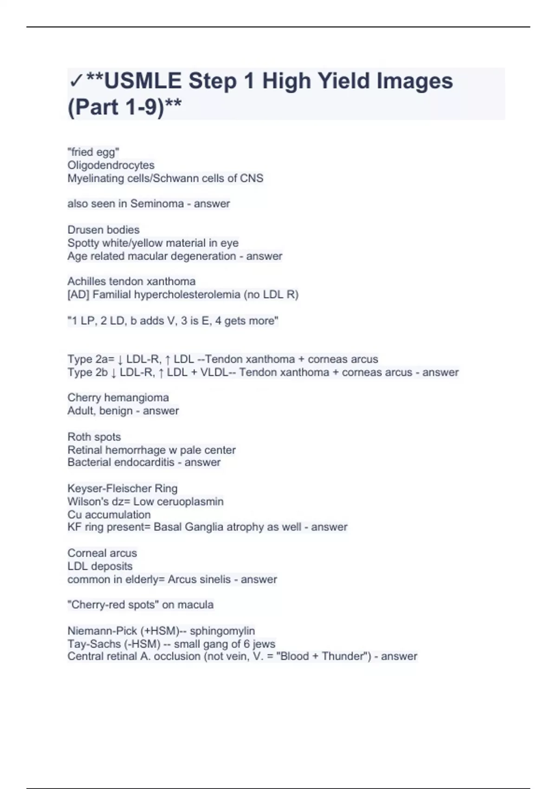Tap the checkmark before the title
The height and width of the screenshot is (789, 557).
pyautogui.click(x=76, y=82)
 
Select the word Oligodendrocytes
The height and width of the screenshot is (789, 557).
pyautogui.click(x=111, y=165)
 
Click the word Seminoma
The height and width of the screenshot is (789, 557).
pyautogui.click(x=157, y=204)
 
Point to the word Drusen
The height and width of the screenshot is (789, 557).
pyautogui.click(x=85, y=230)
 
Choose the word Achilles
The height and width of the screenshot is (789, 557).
pyautogui.click(x=86, y=281)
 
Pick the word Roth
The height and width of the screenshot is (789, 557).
pyautogui.click(x=78, y=437)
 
